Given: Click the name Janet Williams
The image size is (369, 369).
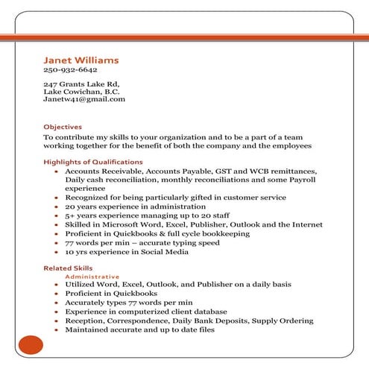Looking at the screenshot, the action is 81,60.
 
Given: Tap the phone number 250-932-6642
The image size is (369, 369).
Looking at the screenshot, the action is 70,70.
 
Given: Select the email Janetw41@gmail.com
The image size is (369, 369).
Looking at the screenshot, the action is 84,99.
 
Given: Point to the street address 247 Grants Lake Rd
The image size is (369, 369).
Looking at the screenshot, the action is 81,84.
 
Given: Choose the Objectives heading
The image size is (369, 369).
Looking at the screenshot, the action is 63,127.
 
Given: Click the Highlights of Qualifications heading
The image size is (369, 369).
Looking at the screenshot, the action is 93,162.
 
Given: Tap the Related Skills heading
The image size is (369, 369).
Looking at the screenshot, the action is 68,268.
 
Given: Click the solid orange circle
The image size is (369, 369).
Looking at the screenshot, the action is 31,345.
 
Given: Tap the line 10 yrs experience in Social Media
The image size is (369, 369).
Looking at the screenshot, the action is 127,251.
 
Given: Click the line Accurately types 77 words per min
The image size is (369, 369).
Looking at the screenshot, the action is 129,303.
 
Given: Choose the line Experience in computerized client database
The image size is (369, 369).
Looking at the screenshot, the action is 146,312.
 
